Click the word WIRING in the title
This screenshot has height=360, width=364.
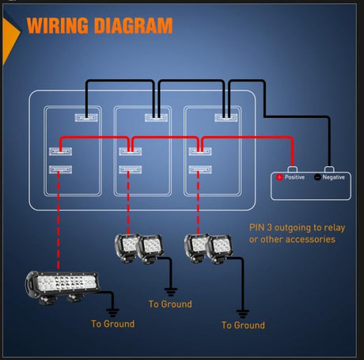click(x=58, y=25)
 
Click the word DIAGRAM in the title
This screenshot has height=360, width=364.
click(x=133, y=25)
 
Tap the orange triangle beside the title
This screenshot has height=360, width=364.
click(x=10, y=40)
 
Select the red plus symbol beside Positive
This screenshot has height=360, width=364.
click(x=279, y=177)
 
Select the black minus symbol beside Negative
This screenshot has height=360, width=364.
click(x=317, y=177)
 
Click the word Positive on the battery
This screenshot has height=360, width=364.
click(x=294, y=177)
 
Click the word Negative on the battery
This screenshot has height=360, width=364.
click(x=334, y=177)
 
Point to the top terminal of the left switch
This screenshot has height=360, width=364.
click(x=86, y=118)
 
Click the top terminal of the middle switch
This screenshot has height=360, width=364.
click(x=156, y=118)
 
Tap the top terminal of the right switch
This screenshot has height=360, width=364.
click(x=226, y=118)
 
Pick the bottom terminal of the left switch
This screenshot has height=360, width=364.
click(x=60, y=169)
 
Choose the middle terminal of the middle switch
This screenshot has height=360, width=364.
click(x=131, y=151)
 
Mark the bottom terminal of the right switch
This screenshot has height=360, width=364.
click(x=200, y=169)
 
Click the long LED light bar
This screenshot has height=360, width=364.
click(x=63, y=286)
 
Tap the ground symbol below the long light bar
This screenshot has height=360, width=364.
click(x=112, y=313)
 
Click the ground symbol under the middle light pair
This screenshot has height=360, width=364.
click(x=171, y=292)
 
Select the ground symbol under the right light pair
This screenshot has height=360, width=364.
click(x=243, y=314)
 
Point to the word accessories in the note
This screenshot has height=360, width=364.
click(x=310, y=240)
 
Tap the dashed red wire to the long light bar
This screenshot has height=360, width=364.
click(x=59, y=220)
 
